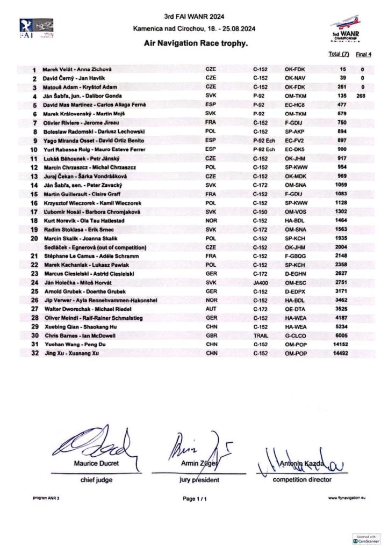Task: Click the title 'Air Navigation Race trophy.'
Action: point(196,43)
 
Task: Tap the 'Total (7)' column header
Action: point(339,54)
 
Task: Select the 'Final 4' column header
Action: point(364,54)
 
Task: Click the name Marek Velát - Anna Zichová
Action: point(77,70)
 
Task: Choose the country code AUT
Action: point(211,310)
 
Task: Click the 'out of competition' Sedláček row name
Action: point(102,247)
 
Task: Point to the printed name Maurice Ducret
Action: point(96,463)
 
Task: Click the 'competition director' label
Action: point(302,479)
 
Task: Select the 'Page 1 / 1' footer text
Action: point(195,499)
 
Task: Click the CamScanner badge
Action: point(366,538)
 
